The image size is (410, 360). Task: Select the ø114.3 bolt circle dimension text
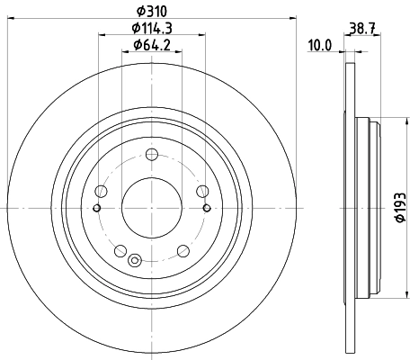pos(151,30)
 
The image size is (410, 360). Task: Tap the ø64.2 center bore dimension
pos(151,45)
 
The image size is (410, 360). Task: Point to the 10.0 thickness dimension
pos(320,43)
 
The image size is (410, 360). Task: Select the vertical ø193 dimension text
pos(397,208)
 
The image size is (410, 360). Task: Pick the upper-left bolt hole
pos(101,190)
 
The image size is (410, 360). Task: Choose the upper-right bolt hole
pos(202,190)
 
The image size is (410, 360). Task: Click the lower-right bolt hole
pos(183,249)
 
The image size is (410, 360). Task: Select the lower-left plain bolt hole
pos(120,249)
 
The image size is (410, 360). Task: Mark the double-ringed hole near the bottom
pos(135,262)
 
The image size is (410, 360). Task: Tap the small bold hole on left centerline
pos(96,208)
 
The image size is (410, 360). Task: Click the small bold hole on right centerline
pos(207,208)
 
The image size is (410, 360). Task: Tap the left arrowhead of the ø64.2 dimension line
pos(123,52)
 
